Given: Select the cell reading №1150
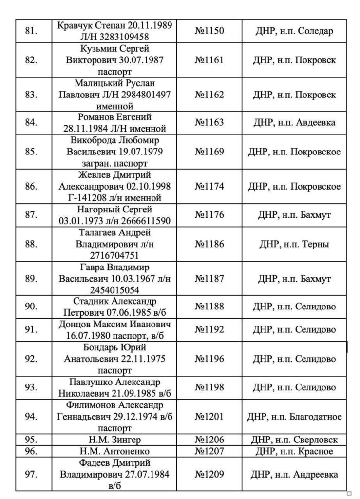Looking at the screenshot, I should pyautogui.click(x=209, y=31).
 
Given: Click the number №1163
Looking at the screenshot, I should pyautogui.click(x=209, y=123).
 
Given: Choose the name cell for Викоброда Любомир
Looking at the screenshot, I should pyautogui.click(x=116, y=152).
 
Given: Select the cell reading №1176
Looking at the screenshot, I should pyautogui.click(x=209, y=215).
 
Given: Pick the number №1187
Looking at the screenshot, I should pyautogui.click(x=209, y=279).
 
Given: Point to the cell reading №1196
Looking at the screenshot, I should pyautogui.click(x=209, y=359).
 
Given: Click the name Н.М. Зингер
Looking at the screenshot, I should pyautogui.click(x=116, y=440).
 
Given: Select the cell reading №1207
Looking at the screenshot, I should pyautogui.click(x=209, y=451).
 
